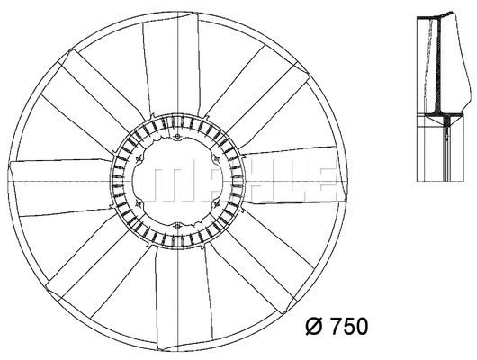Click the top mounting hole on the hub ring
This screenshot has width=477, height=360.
point(181,138)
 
